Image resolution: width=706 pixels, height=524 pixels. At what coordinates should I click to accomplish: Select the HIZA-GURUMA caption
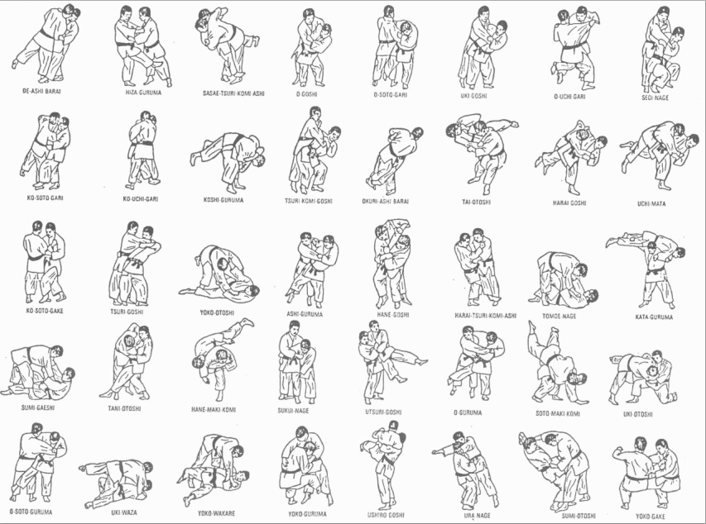pyautogui.click(x=142, y=93)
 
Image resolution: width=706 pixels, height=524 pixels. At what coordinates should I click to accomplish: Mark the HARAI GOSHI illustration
pyautogui.click(x=569, y=157)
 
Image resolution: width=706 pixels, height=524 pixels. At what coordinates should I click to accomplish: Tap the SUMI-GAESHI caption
pyautogui.click(x=39, y=407)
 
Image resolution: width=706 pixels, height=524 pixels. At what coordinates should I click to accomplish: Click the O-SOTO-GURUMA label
pyautogui.click(x=31, y=512)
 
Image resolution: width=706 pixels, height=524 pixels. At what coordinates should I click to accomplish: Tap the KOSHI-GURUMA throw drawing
pyautogui.click(x=227, y=158)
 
